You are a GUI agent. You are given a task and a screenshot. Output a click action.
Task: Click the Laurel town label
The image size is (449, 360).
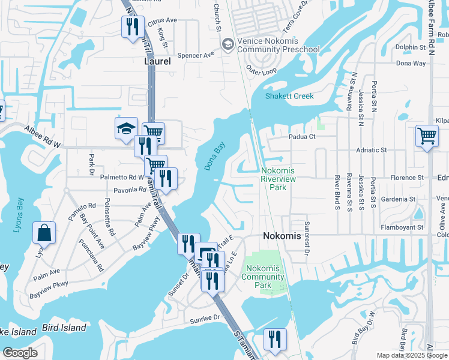(158, 61)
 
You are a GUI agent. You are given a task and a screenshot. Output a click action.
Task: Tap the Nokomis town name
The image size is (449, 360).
(282, 236)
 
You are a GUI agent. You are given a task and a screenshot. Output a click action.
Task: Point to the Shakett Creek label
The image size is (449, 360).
(289, 96)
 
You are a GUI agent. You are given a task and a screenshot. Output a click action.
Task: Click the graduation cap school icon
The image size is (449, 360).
(126, 128)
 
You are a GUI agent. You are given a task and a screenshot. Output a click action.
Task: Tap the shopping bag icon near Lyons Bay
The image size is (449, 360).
(44, 233)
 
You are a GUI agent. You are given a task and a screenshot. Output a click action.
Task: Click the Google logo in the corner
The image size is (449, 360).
(20, 352)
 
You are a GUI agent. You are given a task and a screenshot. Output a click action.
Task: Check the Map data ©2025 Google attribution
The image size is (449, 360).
(412, 355)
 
